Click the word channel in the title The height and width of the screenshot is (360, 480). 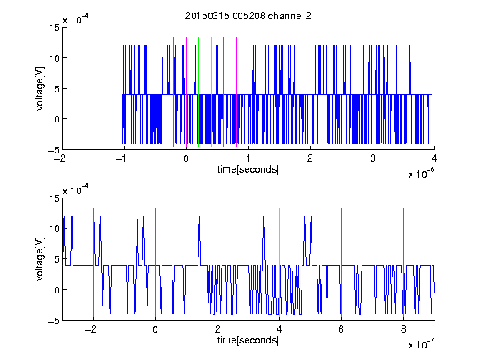click(285, 16)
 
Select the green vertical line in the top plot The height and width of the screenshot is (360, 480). click(198, 92)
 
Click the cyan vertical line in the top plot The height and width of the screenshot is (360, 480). click(211, 92)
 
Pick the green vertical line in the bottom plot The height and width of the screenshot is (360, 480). click(217, 262)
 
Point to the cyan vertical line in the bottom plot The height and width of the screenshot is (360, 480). click(279, 262)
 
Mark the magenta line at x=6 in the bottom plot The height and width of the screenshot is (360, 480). click(342, 262)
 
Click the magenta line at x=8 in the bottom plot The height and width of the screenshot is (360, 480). click(403, 262)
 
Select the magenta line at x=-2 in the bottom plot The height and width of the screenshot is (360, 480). click(93, 262)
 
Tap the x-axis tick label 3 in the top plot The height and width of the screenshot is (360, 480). click(372, 158)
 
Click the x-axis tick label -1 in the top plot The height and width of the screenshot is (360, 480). click(122, 158)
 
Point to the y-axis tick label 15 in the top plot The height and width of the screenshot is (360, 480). click(55, 27)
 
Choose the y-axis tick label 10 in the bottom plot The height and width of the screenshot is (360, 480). click(55, 228)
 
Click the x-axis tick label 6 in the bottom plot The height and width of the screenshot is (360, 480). click(342, 329)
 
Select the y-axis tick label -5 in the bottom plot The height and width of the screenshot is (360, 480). click(54, 321)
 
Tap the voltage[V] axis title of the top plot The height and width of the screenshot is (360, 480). click(40, 88)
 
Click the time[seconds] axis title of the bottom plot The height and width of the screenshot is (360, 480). click(248, 340)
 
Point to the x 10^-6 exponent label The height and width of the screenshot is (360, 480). click(421, 172)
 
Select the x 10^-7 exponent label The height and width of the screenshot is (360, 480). click(421, 343)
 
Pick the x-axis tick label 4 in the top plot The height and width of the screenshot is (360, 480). click(434, 158)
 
